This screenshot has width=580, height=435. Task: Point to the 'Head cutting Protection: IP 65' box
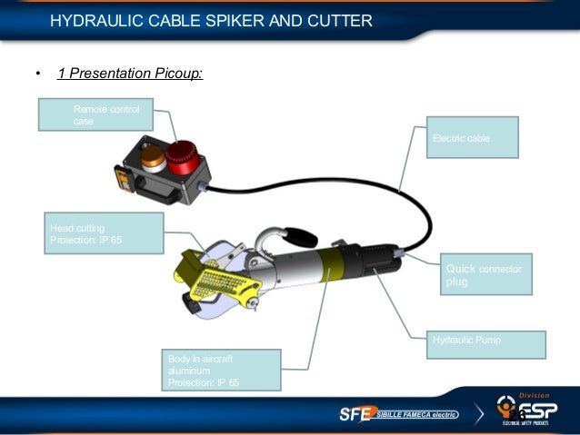pyautogui.click(x=103, y=232)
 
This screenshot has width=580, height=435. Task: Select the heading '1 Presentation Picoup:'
pyautogui.click(x=129, y=74)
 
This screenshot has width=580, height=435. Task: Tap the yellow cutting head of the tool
pyautogui.click(x=212, y=276)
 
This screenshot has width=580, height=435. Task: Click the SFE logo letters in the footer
pyautogui.click(x=355, y=414)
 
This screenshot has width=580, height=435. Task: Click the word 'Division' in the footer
pyautogui.click(x=535, y=396)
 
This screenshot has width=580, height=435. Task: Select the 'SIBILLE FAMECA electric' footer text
pyautogui.click(x=417, y=415)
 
